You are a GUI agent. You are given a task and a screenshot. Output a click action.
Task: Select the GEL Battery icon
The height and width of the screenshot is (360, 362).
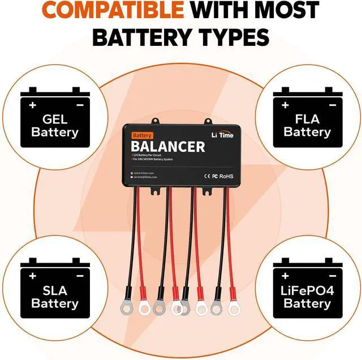tap(55, 119)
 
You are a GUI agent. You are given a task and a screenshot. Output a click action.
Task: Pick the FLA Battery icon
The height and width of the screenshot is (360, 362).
tap(307, 119)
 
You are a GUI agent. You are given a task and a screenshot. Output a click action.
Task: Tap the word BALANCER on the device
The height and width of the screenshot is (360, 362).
tap(168, 147)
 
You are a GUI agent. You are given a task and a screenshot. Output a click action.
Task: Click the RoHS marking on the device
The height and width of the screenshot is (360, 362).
tap(227, 176)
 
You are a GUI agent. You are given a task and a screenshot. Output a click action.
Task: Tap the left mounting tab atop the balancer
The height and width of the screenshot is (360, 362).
tap(154, 120)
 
